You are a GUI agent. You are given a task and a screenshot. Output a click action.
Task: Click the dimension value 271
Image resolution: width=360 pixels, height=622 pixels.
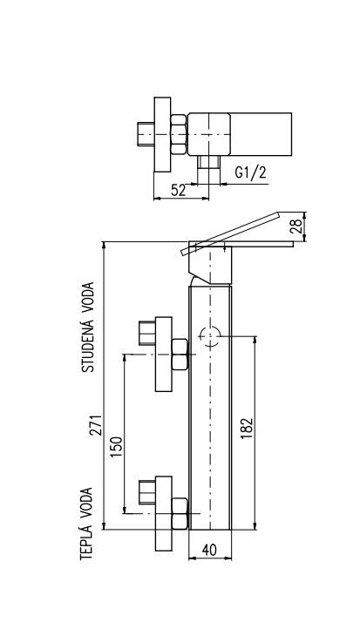[x=96, y=425]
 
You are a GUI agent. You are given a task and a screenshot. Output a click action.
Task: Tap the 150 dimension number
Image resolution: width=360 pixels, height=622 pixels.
[x=117, y=447]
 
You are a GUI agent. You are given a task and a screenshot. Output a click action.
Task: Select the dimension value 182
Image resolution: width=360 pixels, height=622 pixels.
[x=247, y=429]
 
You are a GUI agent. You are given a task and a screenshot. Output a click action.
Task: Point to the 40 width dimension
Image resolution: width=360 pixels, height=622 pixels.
[x=209, y=550]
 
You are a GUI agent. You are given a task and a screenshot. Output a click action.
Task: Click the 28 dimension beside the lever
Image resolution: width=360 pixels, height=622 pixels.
[x=297, y=226]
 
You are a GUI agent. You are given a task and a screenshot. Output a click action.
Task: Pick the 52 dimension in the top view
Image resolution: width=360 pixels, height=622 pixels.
[x=178, y=191]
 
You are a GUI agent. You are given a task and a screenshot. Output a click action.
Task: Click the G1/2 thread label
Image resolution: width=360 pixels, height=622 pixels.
[x=251, y=172]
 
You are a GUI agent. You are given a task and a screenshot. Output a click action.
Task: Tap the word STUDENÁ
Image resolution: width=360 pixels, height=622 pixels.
[x=88, y=343]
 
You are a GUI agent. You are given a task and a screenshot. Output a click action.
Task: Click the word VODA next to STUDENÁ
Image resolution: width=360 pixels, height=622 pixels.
[x=88, y=296]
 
